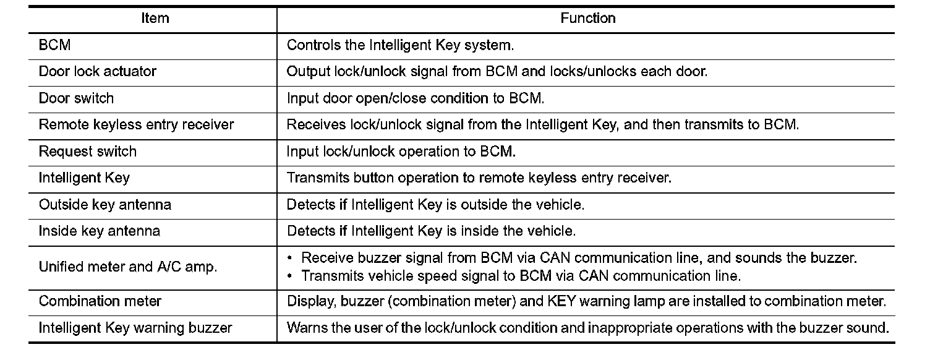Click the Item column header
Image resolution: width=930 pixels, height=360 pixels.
pos(155,19)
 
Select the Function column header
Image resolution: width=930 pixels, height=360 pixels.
pos(587,19)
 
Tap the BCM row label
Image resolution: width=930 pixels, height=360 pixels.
pos(54,45)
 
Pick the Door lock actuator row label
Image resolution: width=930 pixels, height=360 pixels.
pos(98,72)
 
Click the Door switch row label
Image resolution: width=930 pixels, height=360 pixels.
pos(76,98)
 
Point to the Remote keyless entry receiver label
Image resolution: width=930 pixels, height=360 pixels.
pos(136,125)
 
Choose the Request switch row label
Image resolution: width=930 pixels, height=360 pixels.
pos(88,152)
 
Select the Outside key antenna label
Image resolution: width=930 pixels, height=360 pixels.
pos(105,204)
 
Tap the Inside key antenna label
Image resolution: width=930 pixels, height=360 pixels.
pos(100,231)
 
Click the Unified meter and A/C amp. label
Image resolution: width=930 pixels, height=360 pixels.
pos(128,267)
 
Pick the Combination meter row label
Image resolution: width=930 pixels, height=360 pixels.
pos(100,301)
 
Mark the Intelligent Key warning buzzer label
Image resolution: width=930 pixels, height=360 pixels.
pos(135,328)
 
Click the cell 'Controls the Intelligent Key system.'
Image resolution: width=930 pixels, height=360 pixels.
pos(400,45)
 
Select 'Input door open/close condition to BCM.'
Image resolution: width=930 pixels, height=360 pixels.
pos(416,98)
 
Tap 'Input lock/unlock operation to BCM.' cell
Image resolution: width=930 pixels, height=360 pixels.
pos(401,152)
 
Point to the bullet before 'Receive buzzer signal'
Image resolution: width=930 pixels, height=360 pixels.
pos(290,258)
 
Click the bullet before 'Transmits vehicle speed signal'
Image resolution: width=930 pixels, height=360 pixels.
pos(290,276)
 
